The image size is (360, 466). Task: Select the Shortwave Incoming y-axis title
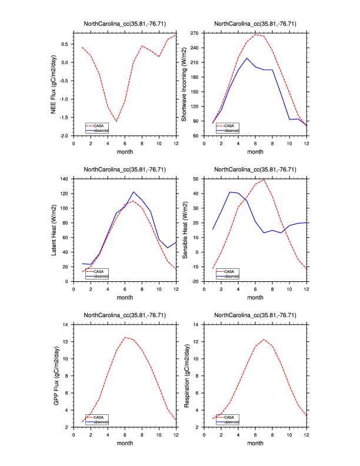(184, 84)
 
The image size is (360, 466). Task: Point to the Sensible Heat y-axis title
(184, 229)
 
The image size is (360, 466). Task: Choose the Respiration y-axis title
(184, 375)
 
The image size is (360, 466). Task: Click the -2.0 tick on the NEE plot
(64, 136)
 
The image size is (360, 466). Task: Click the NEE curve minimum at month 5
(116, 121)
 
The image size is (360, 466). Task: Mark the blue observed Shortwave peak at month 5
(247, 58)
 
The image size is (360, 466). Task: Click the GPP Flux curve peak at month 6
(125, 337)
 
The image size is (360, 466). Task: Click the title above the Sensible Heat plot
(255, 169)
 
